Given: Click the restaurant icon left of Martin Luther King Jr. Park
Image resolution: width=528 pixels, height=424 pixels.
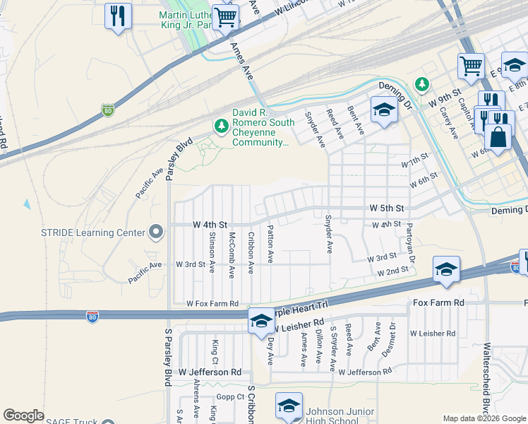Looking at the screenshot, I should click(118, 16).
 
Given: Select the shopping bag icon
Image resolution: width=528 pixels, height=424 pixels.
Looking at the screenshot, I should click(498, 136).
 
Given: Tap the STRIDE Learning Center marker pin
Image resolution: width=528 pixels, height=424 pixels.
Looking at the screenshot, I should click(154, 232).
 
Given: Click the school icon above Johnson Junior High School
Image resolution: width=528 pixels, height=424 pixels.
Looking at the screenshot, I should click(288, 406).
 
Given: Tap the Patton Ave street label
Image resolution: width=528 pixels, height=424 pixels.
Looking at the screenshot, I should click(270, 244).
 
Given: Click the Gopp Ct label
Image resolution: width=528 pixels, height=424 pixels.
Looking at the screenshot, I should click(230, 396).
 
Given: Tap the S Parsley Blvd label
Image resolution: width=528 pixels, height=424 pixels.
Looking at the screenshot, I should click(168, 357).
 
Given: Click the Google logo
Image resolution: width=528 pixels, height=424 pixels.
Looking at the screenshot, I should click(23, 416).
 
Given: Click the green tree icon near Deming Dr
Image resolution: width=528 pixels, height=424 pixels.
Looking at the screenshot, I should click(422, 85).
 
